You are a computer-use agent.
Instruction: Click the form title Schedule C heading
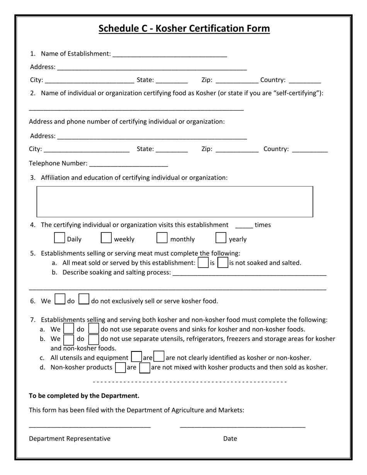tap(184, 29)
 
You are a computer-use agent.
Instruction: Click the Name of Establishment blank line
tap(170, 54)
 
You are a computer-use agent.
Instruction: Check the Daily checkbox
tap(59, 238)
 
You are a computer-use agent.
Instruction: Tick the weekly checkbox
tap(106, 238)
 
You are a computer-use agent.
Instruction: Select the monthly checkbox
tap(161, 238)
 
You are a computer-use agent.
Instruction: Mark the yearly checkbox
tap(221, 238)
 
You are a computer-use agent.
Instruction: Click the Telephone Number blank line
tap(128, 164)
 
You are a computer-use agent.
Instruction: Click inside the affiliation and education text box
tap(175, 202)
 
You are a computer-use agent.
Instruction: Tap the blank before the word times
tap(243, 226)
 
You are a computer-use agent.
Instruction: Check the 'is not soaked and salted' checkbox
tap(223, 263)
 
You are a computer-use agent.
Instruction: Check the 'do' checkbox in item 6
tap(60, 300)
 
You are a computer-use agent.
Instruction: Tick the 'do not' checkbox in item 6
tap(84, 300)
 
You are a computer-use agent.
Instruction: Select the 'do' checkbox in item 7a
tap(68, 329)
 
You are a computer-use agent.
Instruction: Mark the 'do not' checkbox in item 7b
tap(93, 339)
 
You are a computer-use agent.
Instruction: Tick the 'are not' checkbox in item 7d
tap(144, 367)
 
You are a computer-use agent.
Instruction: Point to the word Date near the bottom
tap(230, 439)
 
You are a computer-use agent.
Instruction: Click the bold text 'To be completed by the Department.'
tap(84, 396)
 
